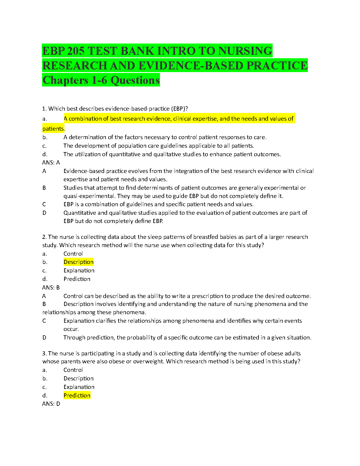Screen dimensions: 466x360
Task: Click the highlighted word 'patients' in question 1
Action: coord(53,129)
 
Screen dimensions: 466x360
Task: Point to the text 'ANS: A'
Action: coord(51,162)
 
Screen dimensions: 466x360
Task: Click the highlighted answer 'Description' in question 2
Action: coord(79,262)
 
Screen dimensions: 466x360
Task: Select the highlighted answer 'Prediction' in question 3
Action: coord(77,395)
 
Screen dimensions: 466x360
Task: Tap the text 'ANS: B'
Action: coord(51,287)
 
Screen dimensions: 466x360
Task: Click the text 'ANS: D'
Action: coord(51,404)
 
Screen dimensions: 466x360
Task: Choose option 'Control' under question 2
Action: coord(73,254)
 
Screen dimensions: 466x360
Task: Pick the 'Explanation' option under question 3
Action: coord(79,387)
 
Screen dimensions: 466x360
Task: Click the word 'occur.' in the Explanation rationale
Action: coord(71,329)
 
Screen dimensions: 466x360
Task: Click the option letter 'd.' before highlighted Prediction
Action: coord(45,395)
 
